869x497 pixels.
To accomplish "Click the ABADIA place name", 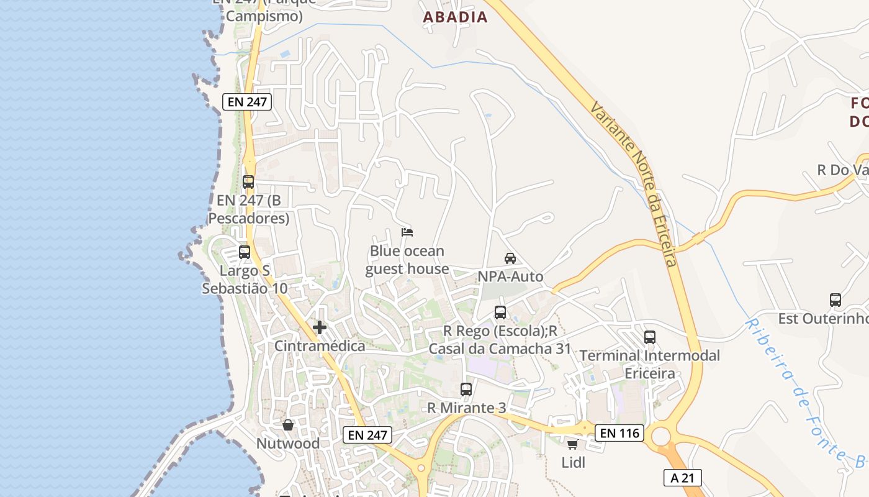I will [x=455, y=17].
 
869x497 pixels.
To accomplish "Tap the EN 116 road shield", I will [x=619, y=432].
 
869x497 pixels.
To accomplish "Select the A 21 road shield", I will [x=682, y=477].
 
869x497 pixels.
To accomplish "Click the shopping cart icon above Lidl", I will [x=572, y=444].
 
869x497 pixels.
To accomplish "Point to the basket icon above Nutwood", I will [x=288, y=426].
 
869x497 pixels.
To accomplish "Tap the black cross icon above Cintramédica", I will [x=320, y=327].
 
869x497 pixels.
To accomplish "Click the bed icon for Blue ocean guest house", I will [x=407, y=232].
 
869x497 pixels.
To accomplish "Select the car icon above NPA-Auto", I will [x=510, y=258].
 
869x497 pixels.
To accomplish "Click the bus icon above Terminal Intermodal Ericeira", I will [x=650, y=337].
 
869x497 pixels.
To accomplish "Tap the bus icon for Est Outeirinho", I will [x=835, y=300].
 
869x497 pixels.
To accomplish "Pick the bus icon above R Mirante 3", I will [x=466, y=390].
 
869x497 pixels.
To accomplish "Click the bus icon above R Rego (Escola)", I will [x=500, y=312].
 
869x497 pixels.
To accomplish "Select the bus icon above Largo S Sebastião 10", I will [x=245, y=252].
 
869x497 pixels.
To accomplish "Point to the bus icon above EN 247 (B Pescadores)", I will [x=248, y=182].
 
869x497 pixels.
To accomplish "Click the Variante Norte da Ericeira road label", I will [x=633, y=183].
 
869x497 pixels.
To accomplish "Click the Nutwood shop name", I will [x=288, y=444].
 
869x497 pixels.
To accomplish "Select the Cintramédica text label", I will [x=320, y=346].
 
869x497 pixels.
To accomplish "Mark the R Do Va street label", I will [x=842, y=170].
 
